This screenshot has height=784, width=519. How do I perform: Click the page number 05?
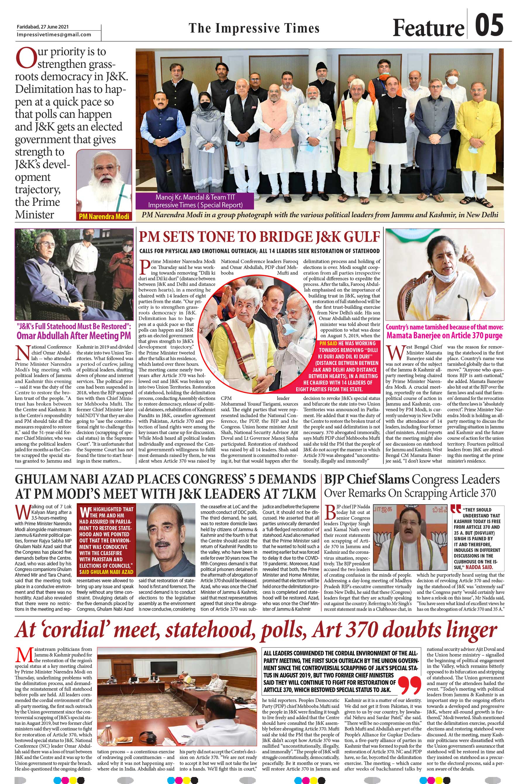click(x=489, y=25)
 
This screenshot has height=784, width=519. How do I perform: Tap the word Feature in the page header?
click(x=428, y=28)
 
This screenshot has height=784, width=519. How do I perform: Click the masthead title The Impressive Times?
click(x=254, y=28)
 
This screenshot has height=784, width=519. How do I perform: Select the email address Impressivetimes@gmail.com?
click(x=54, y=34)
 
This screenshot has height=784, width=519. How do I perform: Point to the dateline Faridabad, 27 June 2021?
click(x=43, y=27)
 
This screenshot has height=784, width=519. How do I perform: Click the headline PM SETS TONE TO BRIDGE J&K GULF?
click(x=259, y=237)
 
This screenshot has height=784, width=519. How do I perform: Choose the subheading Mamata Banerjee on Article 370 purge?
click(x=444, y=335)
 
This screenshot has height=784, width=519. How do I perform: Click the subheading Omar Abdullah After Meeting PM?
click(x=74, y=336)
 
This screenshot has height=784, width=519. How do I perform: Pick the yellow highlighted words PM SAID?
click(x=327, y=343)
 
